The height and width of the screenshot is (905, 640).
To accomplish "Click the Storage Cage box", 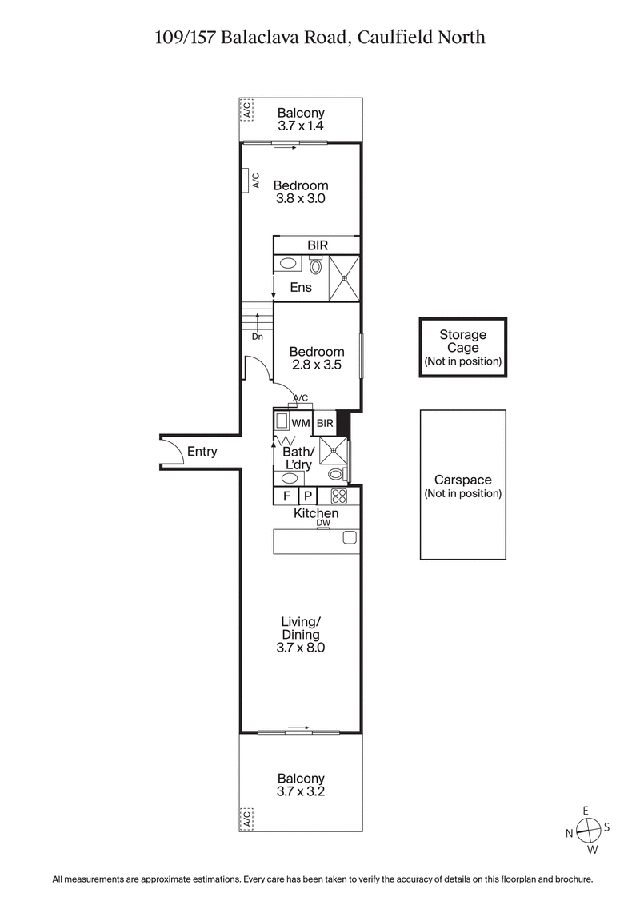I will coord(463,347).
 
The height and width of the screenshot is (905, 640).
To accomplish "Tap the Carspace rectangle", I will coord(463,484).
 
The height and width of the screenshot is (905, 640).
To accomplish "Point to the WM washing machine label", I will coord(301,422).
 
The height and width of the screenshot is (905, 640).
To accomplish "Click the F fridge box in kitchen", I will coord(286,496).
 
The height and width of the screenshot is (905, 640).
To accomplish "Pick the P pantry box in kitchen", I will coord(307,496).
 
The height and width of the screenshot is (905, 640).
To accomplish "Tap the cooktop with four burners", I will coord(338,496).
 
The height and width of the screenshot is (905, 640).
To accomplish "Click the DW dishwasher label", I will coord(323,523).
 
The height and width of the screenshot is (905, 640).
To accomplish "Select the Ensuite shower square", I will coord(345,278).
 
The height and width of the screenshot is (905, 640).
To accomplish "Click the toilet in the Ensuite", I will coord(315,266).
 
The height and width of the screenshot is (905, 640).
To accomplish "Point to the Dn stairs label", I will coord(257,337).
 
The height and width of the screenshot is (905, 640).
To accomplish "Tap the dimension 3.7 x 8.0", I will coord(301,648).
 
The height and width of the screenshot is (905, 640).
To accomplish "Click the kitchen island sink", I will coord(350,538).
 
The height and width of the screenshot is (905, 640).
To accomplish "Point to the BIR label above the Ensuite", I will coord(318,245).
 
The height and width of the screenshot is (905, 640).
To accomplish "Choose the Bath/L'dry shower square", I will coord(334,451).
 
